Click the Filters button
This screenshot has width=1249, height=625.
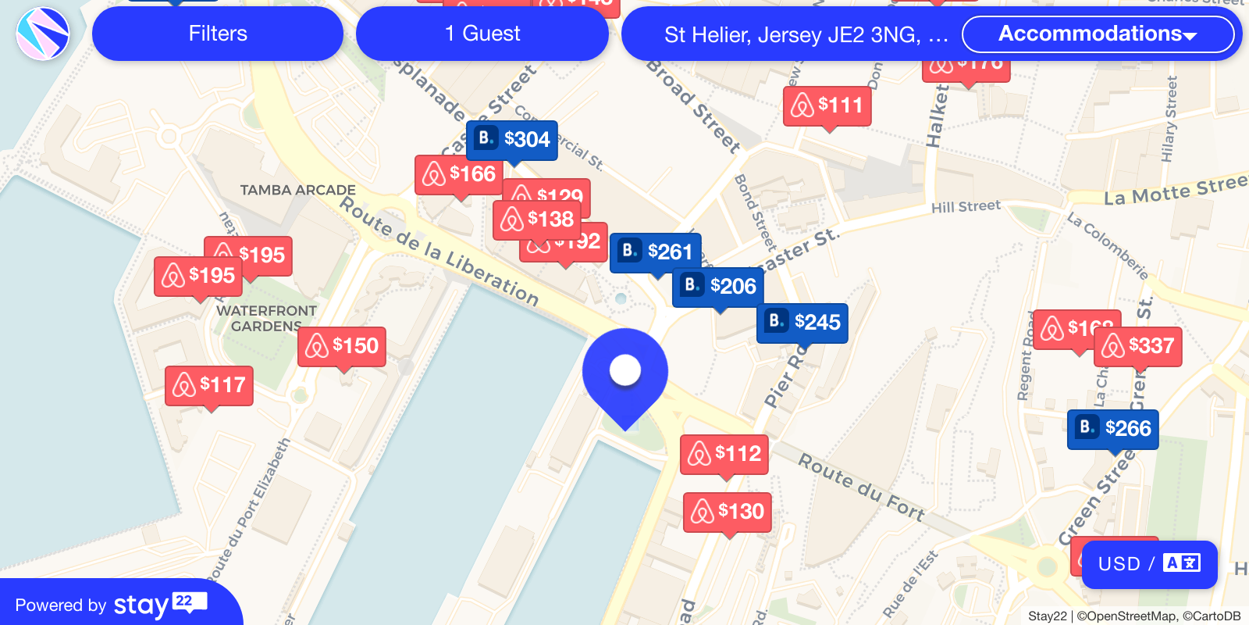coord(218,34)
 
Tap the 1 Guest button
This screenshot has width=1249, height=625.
coord(482,34)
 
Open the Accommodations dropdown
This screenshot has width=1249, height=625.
coord(1098,34)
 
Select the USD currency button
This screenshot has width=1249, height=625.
coord(1149,564)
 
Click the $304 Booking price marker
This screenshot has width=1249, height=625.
coord(512,140)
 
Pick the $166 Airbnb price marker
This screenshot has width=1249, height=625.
coord(460,174)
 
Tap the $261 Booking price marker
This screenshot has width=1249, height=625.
coord(655,252)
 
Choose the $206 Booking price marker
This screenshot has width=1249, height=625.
coord(718,287)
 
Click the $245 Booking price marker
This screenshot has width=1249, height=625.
coord(802,323)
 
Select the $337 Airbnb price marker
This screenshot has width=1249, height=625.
coord(1138,346)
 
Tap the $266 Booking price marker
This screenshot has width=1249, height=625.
coord(1113,429)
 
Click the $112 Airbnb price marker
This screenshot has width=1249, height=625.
coord(724,454)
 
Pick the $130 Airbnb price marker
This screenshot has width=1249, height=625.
coord(728,512)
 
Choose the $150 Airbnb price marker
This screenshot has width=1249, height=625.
coord(342,346)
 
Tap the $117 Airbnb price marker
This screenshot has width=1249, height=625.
coord(209,385)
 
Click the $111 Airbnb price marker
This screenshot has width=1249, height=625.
coord(827,105)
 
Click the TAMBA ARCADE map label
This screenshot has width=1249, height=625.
coord(297,190)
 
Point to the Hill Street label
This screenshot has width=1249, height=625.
coord(966,206)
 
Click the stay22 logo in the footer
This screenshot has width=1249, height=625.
coord(160,604)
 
